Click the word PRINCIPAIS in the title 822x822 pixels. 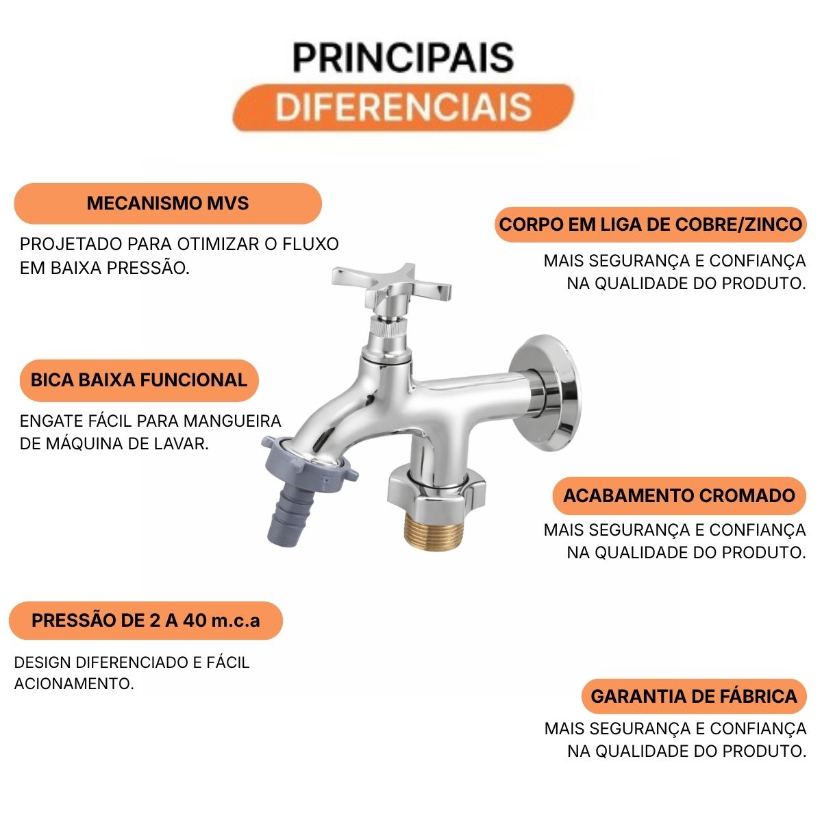click(403, 58)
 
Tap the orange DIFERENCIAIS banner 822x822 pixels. click(403, 108)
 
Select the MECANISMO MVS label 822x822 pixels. click(168, 203)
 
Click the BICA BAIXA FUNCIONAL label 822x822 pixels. click(139, 380)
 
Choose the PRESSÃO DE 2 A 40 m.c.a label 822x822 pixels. click(145, 620)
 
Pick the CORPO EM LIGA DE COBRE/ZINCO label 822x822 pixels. click(651, 225)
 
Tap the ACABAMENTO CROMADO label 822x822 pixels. click(679, 496)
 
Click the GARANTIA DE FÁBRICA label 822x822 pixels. click(694, 696)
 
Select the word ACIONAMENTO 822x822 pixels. click(74, 684)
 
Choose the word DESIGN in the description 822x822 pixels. click(42, 662)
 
